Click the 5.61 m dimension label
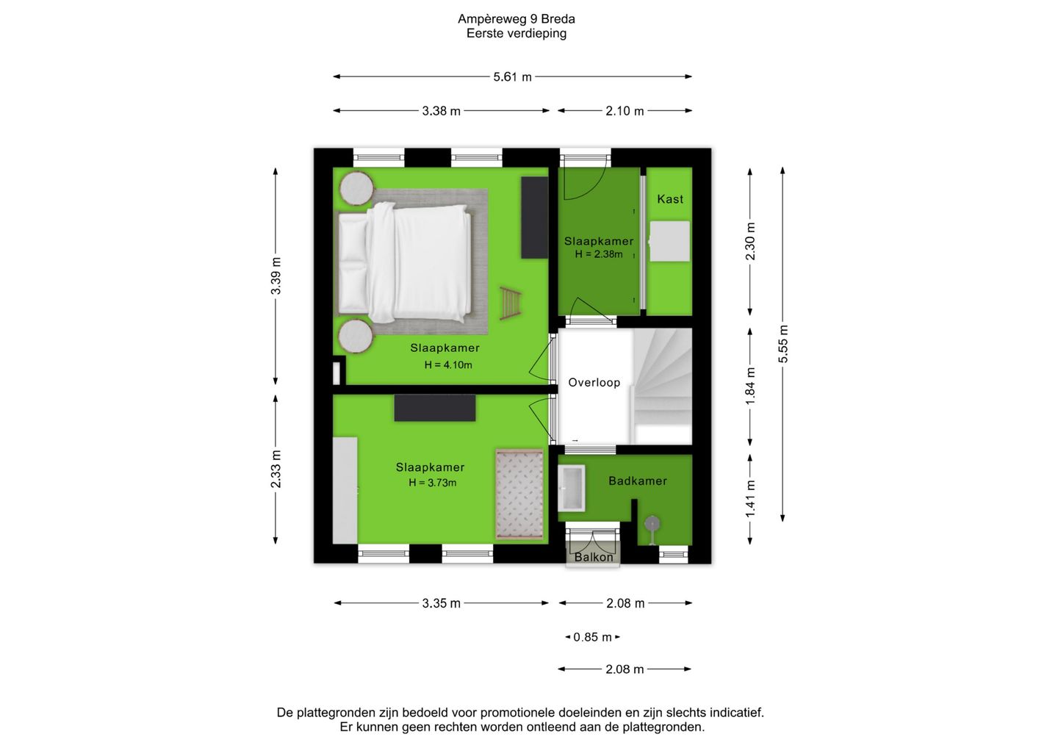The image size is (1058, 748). point(513,76)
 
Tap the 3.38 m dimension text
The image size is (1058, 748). point(441,111)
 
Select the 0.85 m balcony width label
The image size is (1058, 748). point(593,637)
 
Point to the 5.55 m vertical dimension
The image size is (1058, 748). point(783,345)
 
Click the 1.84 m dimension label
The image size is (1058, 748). point(750,386)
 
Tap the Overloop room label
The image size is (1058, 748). point(594,383)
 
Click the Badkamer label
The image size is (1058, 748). point(638,481)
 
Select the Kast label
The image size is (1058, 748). point(670,199)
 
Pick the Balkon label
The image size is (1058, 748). point(594,557)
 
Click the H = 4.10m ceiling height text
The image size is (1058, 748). point(448,365)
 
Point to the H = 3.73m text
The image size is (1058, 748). point(433,483)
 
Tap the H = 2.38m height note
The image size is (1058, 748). point(598,254)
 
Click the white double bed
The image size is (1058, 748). point(405,262)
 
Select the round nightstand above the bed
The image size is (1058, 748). point(356,188)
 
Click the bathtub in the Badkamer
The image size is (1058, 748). point(572,489)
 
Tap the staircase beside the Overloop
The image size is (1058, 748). point(662,386)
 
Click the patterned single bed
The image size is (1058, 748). point(519,494)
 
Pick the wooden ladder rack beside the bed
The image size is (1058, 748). point(511,303)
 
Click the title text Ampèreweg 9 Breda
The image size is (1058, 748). point(517,19)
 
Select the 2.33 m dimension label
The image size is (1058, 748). point(276,469)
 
